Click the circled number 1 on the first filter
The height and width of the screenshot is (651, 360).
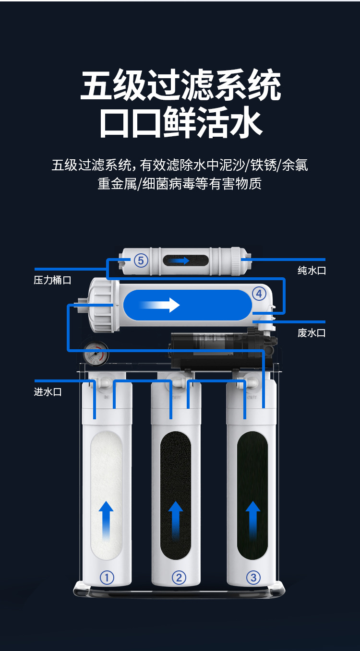107,578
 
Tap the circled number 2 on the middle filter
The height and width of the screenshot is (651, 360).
179,578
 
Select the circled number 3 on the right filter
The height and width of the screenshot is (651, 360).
253,578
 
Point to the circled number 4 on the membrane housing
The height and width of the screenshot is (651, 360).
259,294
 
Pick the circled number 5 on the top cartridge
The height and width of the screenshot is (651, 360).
141,260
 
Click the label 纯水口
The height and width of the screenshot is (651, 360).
312,271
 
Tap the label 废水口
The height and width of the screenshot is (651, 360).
312,333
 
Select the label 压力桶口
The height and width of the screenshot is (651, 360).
52,280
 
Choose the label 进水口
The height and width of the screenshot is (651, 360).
48,392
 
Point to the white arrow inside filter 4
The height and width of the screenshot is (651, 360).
161,305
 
